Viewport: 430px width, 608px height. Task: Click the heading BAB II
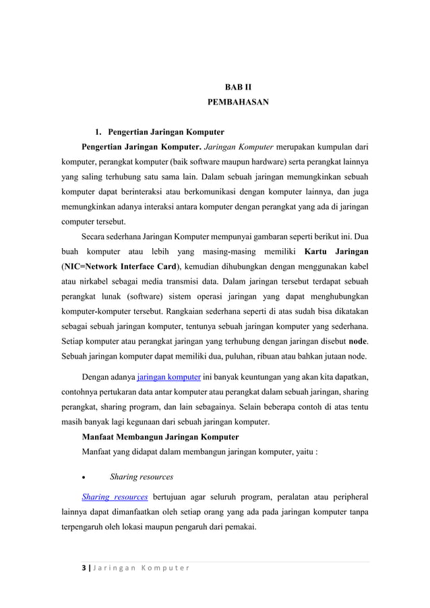click(x=237, y=87)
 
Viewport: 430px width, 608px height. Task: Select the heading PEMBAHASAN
click(x=237, y=104)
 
